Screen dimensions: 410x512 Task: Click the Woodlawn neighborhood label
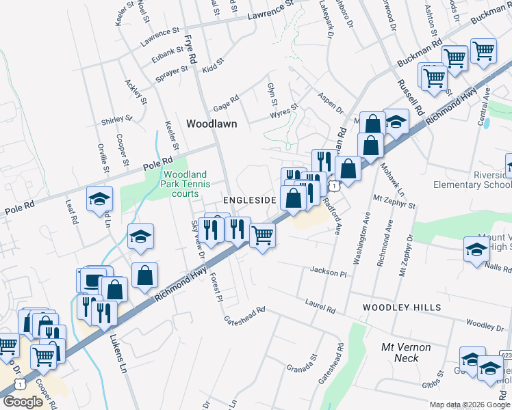pyautogui.click(x=212, y=124)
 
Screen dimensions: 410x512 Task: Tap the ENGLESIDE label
pyautogui.click(x=249, y=200)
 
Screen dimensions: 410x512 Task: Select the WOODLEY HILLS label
pyautogui.click(x=402, y=307)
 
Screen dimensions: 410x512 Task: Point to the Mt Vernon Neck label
pyautogui.click(x=406, y=353)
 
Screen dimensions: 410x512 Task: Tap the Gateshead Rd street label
pyautogui.click(x=244, y=313)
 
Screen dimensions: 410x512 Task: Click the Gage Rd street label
pyautogui.click(x=226, y=103)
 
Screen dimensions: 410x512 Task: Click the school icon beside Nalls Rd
pyautogui.click(x=476, y=249)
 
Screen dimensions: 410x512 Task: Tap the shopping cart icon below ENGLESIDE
pyautogui.click(x=263, y=236)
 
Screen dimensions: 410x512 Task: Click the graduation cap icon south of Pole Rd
pyautogui.click(x=100, y=200)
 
